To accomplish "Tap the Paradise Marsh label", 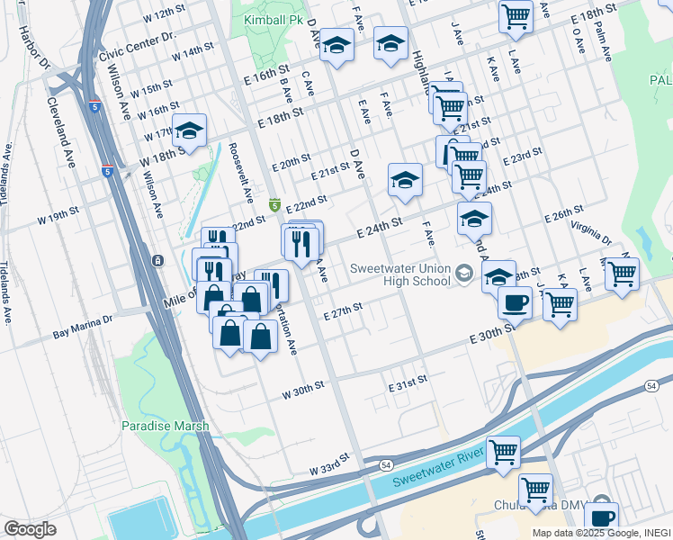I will pos(166,426).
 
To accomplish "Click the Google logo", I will pos(30,529).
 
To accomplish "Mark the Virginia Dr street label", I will pos(590,234).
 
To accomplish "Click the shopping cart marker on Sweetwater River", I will pos(504,452).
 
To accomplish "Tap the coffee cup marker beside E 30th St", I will pos(515,302).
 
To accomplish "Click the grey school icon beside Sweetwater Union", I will pos(463,272).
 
